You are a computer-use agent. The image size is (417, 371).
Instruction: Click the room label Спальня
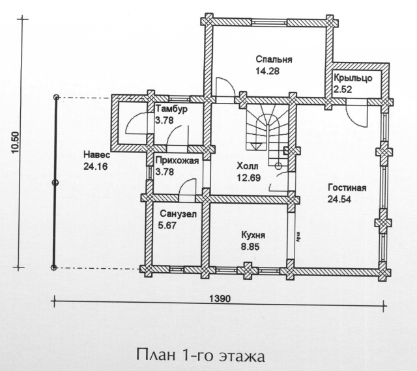click(274, 59)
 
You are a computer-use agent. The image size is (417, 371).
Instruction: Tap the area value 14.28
click(267, 71)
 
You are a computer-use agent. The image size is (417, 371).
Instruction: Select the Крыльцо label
click(353, 78)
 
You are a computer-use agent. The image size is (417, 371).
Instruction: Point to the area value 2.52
click(343, 90)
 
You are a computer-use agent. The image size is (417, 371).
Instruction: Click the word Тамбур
click(171, 109)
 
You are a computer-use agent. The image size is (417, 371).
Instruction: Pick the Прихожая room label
click(177, 161)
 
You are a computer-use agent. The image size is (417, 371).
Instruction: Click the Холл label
click(248, 167)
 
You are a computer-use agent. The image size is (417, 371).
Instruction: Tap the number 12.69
click(249, 178)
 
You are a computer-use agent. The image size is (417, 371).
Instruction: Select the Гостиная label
click(347, 188)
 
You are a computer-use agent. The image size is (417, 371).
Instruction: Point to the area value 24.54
click(339, 199)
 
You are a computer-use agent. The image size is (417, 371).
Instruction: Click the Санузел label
click(178, 214)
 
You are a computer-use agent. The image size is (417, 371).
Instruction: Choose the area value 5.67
click(167, 226)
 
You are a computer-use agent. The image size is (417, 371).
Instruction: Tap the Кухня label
click(253, 236)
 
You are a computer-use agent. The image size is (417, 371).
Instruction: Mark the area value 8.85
click(250, 247)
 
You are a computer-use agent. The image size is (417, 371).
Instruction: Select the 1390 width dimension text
click(220, 299)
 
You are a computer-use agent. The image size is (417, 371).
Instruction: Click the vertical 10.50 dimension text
click(16, 143)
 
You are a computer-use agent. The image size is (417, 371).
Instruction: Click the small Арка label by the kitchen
click(298, 237)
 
